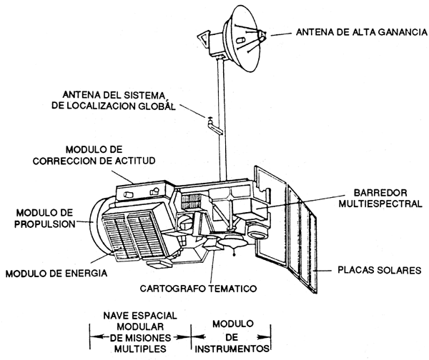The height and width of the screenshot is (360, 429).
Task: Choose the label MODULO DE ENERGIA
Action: [x=56, y=272]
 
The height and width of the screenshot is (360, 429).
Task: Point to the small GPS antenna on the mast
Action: [x=211, y=122]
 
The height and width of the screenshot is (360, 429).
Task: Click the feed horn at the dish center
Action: [x=259, y=35]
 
